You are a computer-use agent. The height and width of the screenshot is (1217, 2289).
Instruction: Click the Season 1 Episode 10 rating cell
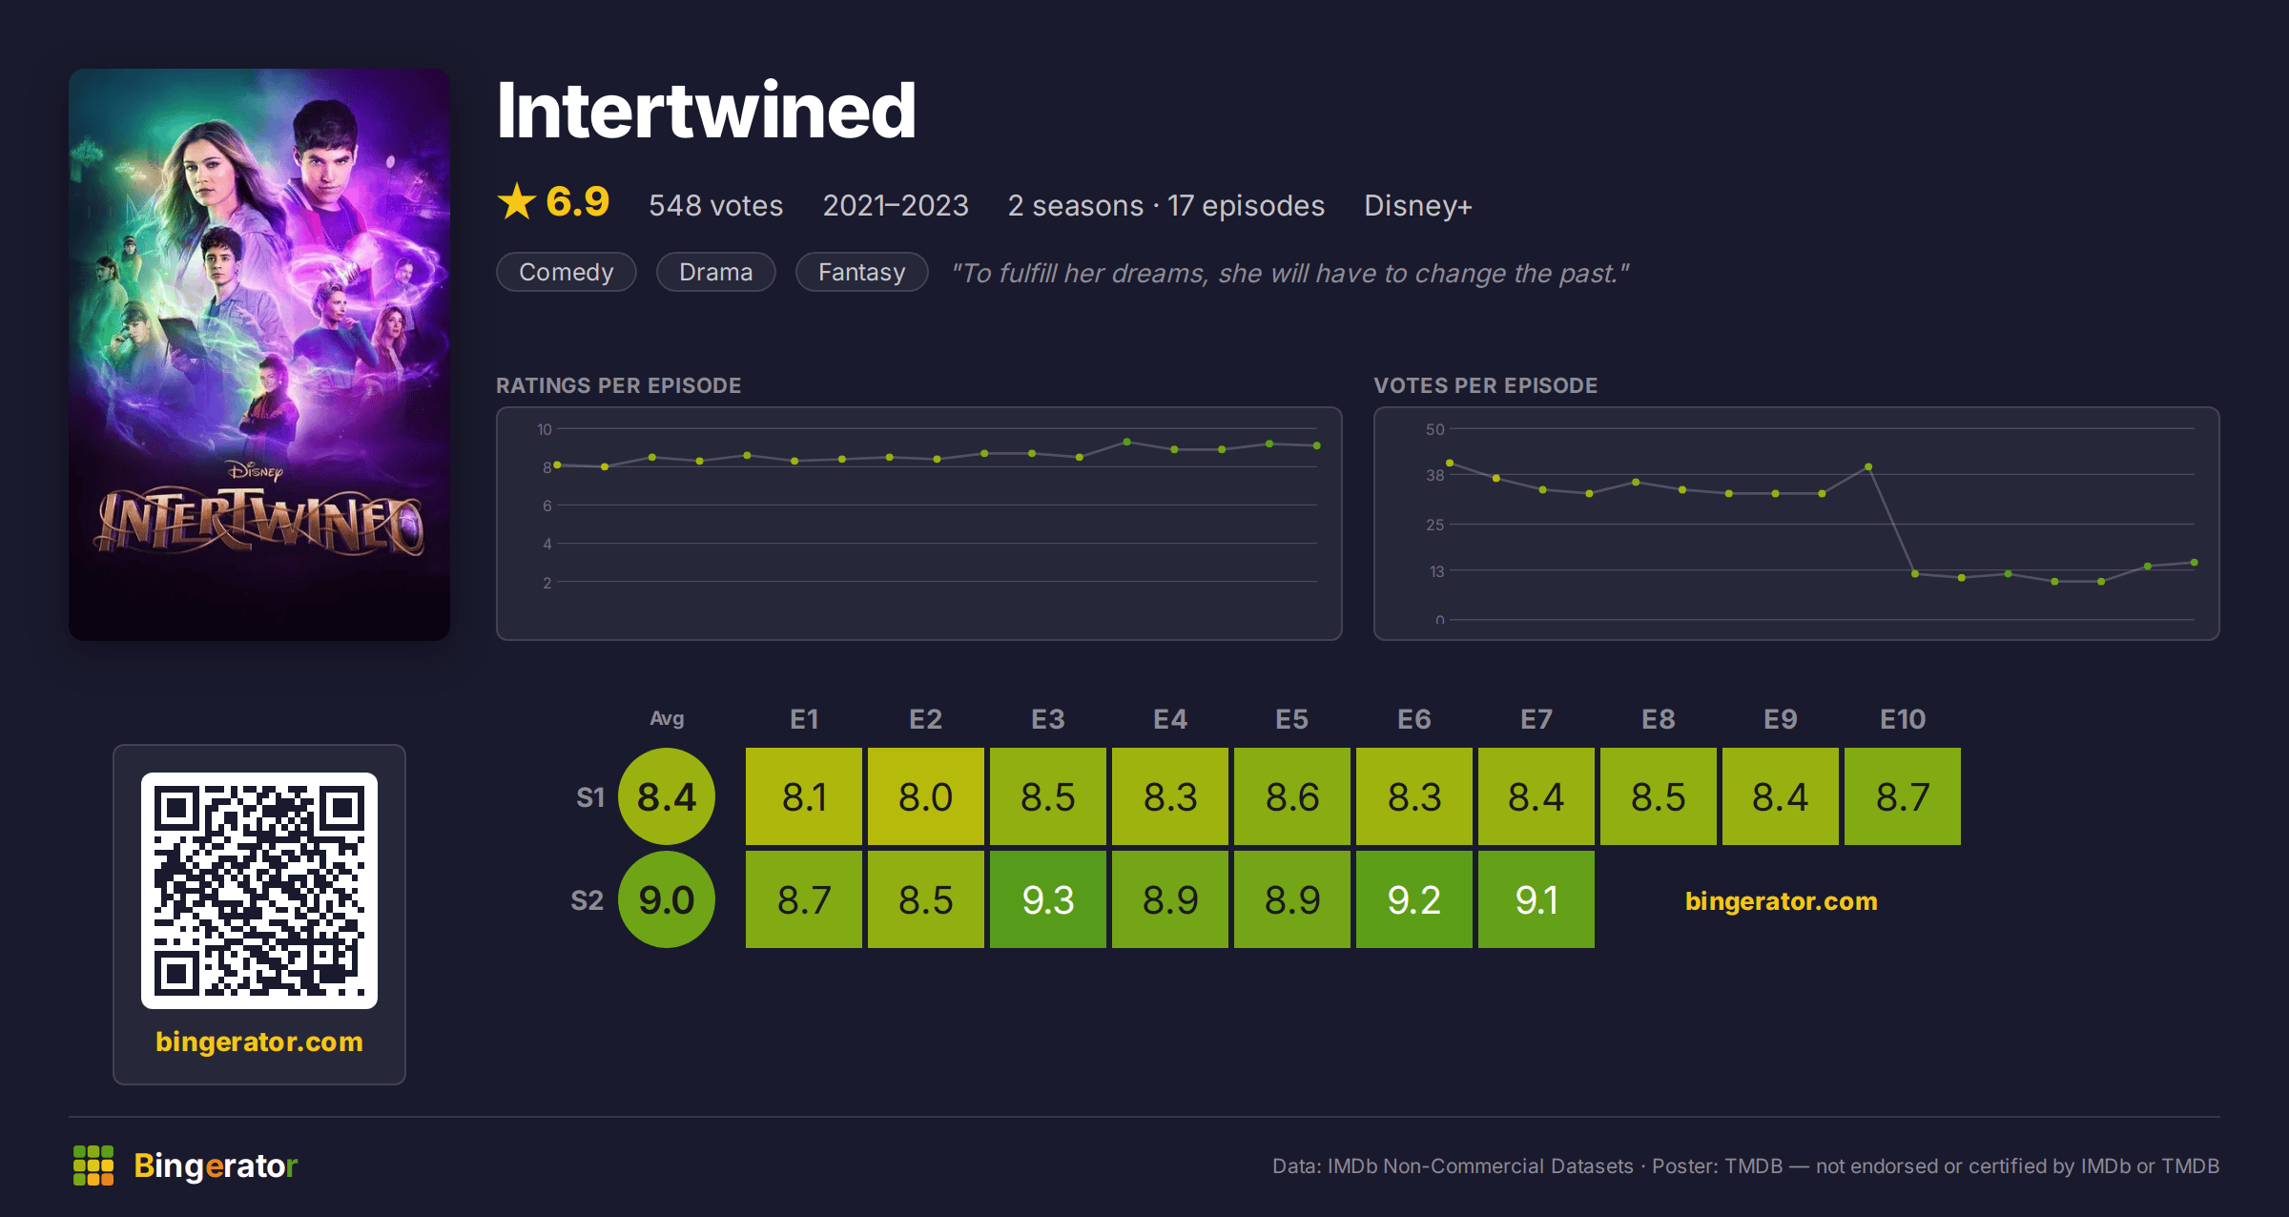click(1902, 796)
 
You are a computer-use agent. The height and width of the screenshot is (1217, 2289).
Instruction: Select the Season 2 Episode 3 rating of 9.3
click(1047, 899)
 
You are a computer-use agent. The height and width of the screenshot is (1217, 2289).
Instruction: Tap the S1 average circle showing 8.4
click(667, 796)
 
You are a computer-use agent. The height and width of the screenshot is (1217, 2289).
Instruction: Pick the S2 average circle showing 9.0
click(667, 899)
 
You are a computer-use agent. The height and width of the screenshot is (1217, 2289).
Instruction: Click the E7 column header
click(1536, 719)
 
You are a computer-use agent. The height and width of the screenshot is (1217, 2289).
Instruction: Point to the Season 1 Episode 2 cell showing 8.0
click(925, 796)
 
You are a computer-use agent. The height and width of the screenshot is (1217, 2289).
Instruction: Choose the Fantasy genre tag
click(861, 272)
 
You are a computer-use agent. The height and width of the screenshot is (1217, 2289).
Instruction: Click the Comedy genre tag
click(566, 272)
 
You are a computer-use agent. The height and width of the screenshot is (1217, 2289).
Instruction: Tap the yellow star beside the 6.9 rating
click(517, 201)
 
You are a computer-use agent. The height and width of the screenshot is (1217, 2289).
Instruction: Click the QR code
click(259, 890)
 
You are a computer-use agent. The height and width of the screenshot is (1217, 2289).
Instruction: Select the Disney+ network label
click(1417, 206)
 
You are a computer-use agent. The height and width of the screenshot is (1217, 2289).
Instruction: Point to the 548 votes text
click(715, 206)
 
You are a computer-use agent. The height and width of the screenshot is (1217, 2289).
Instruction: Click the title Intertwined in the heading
click(706, 111)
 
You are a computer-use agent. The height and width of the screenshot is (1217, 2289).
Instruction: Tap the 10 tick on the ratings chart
click(544, 429)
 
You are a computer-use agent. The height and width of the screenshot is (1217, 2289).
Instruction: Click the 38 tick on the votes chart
click(1434, 475)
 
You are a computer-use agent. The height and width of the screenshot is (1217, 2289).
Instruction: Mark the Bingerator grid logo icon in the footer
click(93, 1165)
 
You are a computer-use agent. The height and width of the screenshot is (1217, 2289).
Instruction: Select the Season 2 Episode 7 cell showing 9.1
click(1536, 899)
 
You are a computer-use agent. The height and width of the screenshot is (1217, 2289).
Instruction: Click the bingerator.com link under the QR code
click(259, 1042)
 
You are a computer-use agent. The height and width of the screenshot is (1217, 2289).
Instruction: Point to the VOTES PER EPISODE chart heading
click(1485, 385)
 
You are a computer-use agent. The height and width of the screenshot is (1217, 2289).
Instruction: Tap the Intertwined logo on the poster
click(259, 520)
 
